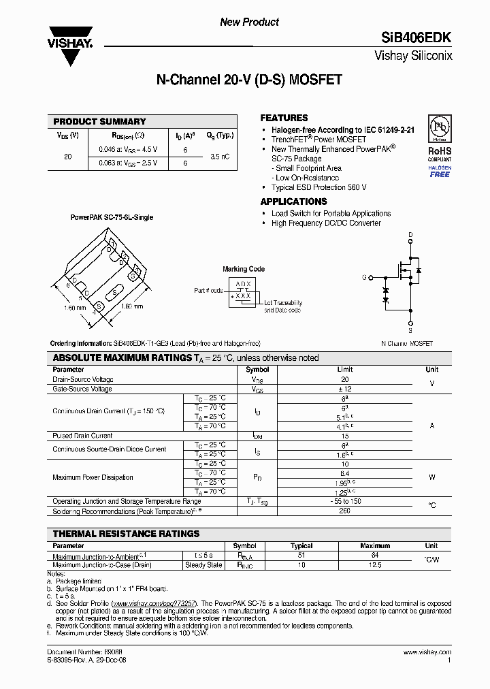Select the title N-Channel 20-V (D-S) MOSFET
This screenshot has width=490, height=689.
pos(249,80)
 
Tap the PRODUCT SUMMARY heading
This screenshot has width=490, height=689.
pos(99,121)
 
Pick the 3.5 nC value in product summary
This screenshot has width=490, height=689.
pos(220,157)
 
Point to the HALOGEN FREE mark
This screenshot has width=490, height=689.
pos(439,171)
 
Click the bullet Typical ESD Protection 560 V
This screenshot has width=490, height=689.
pos(318,187)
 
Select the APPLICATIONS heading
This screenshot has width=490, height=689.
pos(293,202)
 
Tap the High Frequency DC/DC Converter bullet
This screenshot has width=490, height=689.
pos(326,223)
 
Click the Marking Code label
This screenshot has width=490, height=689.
pos(244,269)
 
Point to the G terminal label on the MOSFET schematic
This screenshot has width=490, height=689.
pos(365,277)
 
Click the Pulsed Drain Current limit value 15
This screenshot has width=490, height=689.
pos(344,436)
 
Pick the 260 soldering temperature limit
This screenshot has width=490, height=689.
pos(344,510)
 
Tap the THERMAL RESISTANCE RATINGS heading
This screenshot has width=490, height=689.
pos(126,534)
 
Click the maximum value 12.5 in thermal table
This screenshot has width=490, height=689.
pos(375,564)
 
